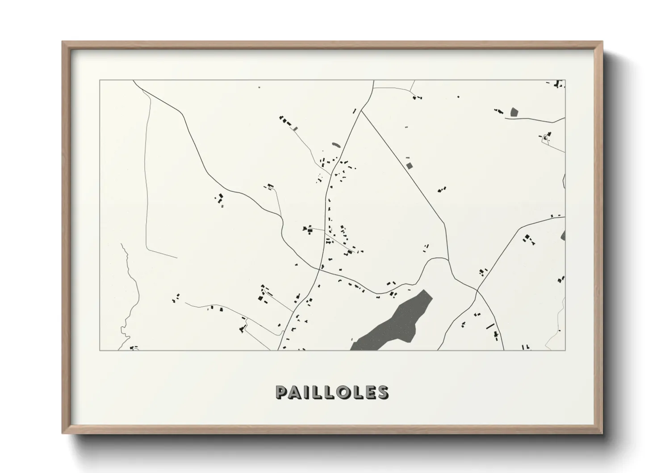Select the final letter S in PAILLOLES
coord(383,392)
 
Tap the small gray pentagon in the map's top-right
coord(514,112)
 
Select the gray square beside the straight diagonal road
coord(409,165)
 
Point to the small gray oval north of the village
coord(335,145)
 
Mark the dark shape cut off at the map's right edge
coord(563,235)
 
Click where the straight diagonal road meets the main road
coord(361,111)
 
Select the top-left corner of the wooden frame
coord(63,42)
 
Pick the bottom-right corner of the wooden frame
coord(602,433)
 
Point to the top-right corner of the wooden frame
coord(602,42)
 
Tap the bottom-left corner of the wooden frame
coord(63,433)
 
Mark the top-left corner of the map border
coord(100,80)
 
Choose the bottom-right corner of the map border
coord(565,350)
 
